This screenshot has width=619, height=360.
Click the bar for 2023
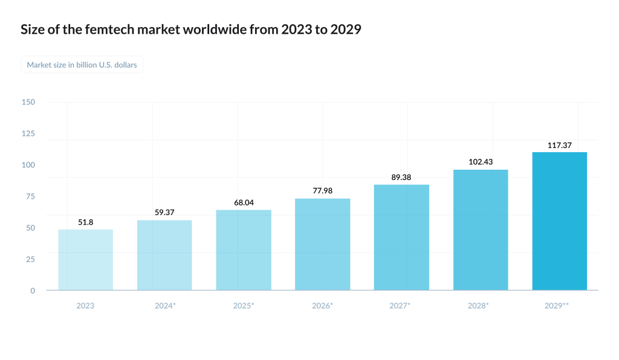pos(85,260)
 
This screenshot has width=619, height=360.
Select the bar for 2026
pos(322,244)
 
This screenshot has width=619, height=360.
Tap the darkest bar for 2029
pos(559,221)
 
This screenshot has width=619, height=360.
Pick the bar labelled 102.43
pos(481,230)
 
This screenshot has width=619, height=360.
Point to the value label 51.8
pos(85,222)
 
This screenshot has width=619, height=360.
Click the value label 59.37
pos(164,213)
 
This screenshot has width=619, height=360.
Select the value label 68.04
pos(244,202)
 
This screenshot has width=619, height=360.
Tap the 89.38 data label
pos(401,177)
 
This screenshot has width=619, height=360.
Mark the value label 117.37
pos(559,145)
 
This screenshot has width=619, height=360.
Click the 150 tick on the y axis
pos(28,102)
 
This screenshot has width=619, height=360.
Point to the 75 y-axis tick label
pos(30,196)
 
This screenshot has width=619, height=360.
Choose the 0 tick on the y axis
pos(33,291)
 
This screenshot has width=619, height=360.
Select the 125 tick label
pos(28,133)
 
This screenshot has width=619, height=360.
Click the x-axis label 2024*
pos(165,306)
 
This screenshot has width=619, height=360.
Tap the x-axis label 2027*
pos(400,306)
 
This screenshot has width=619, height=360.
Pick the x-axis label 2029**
pos(557,306)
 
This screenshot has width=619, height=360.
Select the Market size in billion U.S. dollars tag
pos(82,65)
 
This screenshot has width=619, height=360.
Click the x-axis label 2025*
pos(244,306)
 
